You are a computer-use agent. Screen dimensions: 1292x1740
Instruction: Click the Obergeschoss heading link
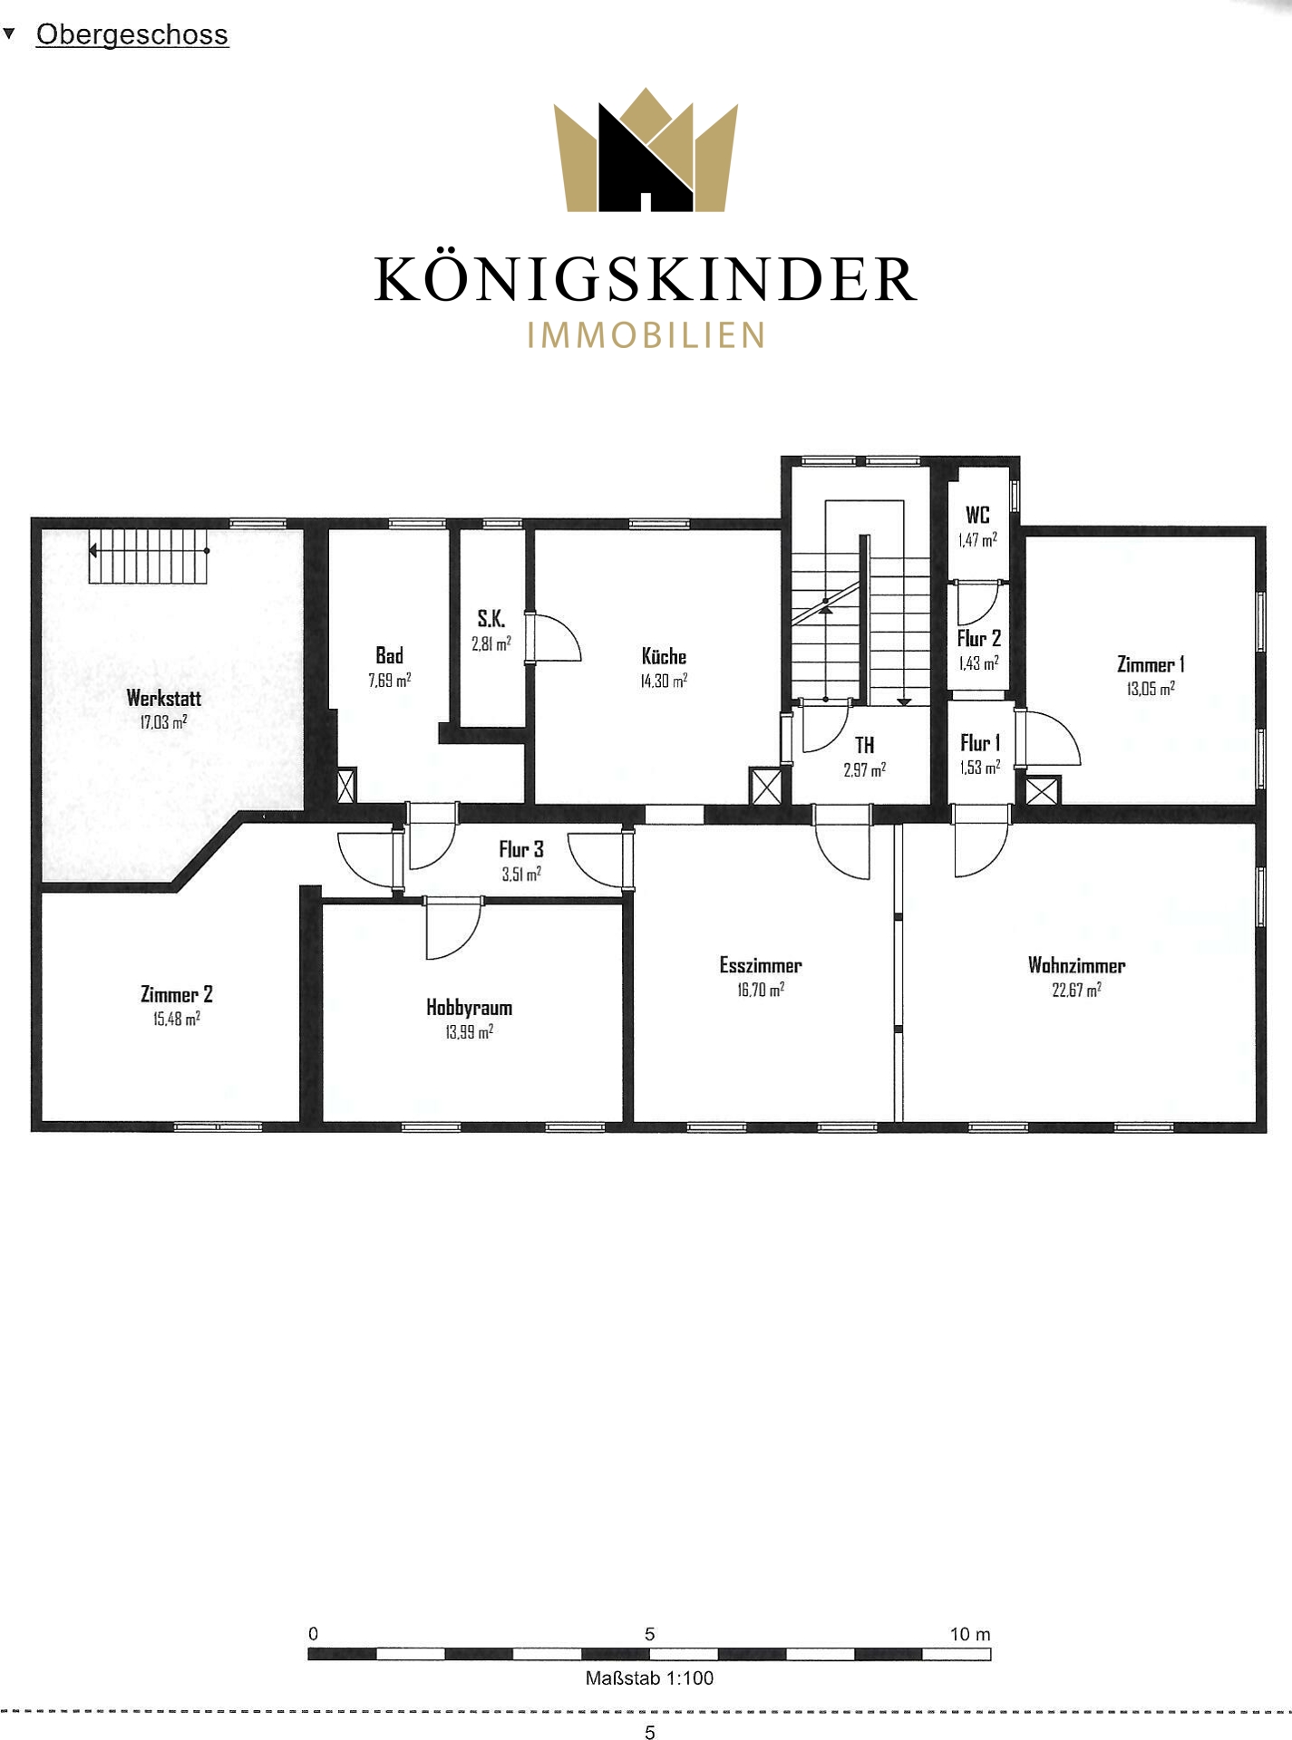click(x=131, y=34)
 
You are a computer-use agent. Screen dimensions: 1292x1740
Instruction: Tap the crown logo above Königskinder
click(x=646, y=150)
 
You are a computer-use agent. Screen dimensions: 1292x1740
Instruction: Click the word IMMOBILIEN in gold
click(x=646, y=335)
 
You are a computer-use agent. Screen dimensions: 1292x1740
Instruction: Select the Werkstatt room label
click(x=164, y=698)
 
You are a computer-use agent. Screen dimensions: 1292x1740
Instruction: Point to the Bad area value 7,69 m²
click(x=390, y=680)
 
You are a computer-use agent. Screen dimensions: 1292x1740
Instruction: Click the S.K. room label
click(x=491, y=619)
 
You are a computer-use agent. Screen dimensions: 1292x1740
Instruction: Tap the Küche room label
click(x=664, y=656)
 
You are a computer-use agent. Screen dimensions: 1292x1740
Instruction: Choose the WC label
click(x=977, y=515)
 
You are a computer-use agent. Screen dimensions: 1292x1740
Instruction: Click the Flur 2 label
click(x=979, y=638)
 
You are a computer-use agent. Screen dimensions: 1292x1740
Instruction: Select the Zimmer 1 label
click(x=1151, y=664)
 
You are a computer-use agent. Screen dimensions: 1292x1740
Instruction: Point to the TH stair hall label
click(x=865, y=745)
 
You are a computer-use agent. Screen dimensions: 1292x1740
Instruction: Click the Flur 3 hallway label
click(x=521, y=849)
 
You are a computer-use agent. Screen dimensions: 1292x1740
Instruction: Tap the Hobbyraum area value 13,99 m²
click(x=470, y=1032)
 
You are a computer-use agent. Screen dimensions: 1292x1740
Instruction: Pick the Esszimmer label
click(x=761, y=965)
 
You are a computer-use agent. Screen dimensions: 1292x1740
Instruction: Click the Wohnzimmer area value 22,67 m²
click(x=1077, y=990)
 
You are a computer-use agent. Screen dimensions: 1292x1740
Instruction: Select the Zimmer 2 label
click(x=177, y=994)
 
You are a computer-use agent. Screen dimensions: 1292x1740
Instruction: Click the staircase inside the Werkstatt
click(x=150, y=556)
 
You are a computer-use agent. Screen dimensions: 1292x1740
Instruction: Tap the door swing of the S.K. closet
click(x=554, y=638)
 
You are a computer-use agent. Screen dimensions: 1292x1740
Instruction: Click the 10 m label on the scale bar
click(x=970, y=1634)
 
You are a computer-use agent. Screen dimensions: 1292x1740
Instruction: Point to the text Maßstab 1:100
click(x=649, y=1677)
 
